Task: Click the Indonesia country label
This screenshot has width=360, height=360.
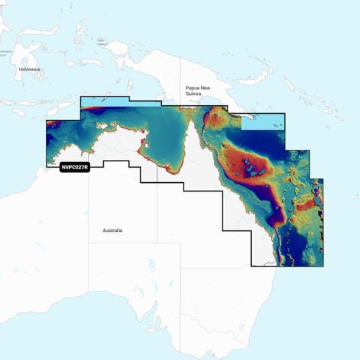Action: tap(29, 68)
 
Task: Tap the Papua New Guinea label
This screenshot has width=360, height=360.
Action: tap(197, 86)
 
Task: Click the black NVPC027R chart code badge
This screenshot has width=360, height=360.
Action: tap(74, 168)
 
